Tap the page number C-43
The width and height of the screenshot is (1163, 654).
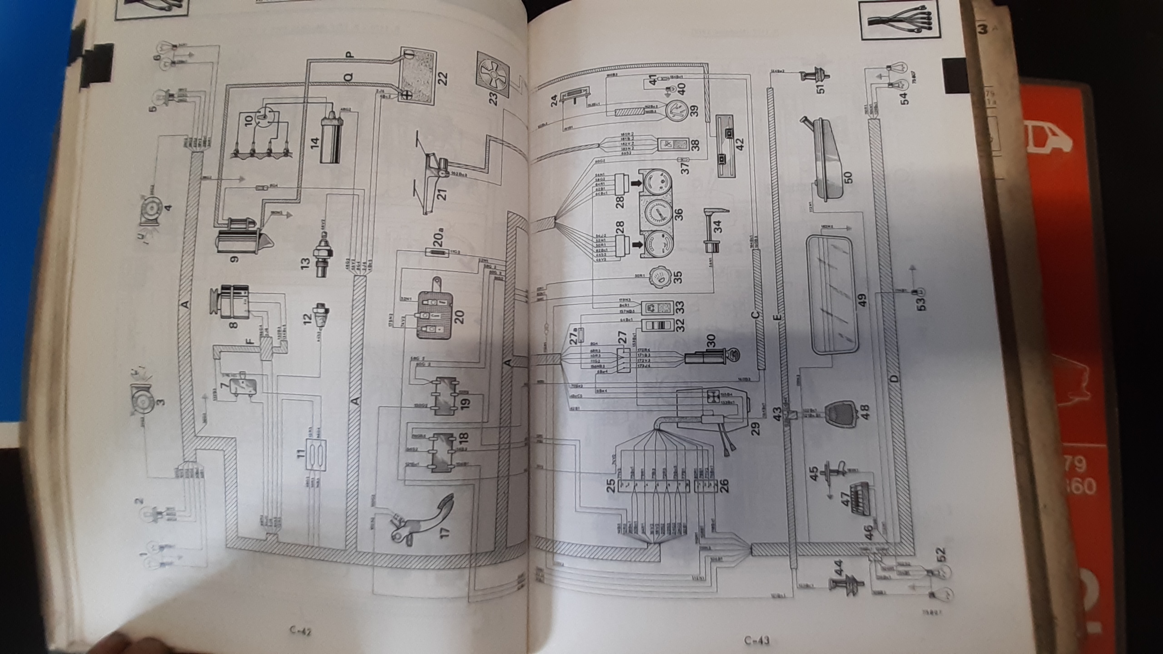pos(757,641)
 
